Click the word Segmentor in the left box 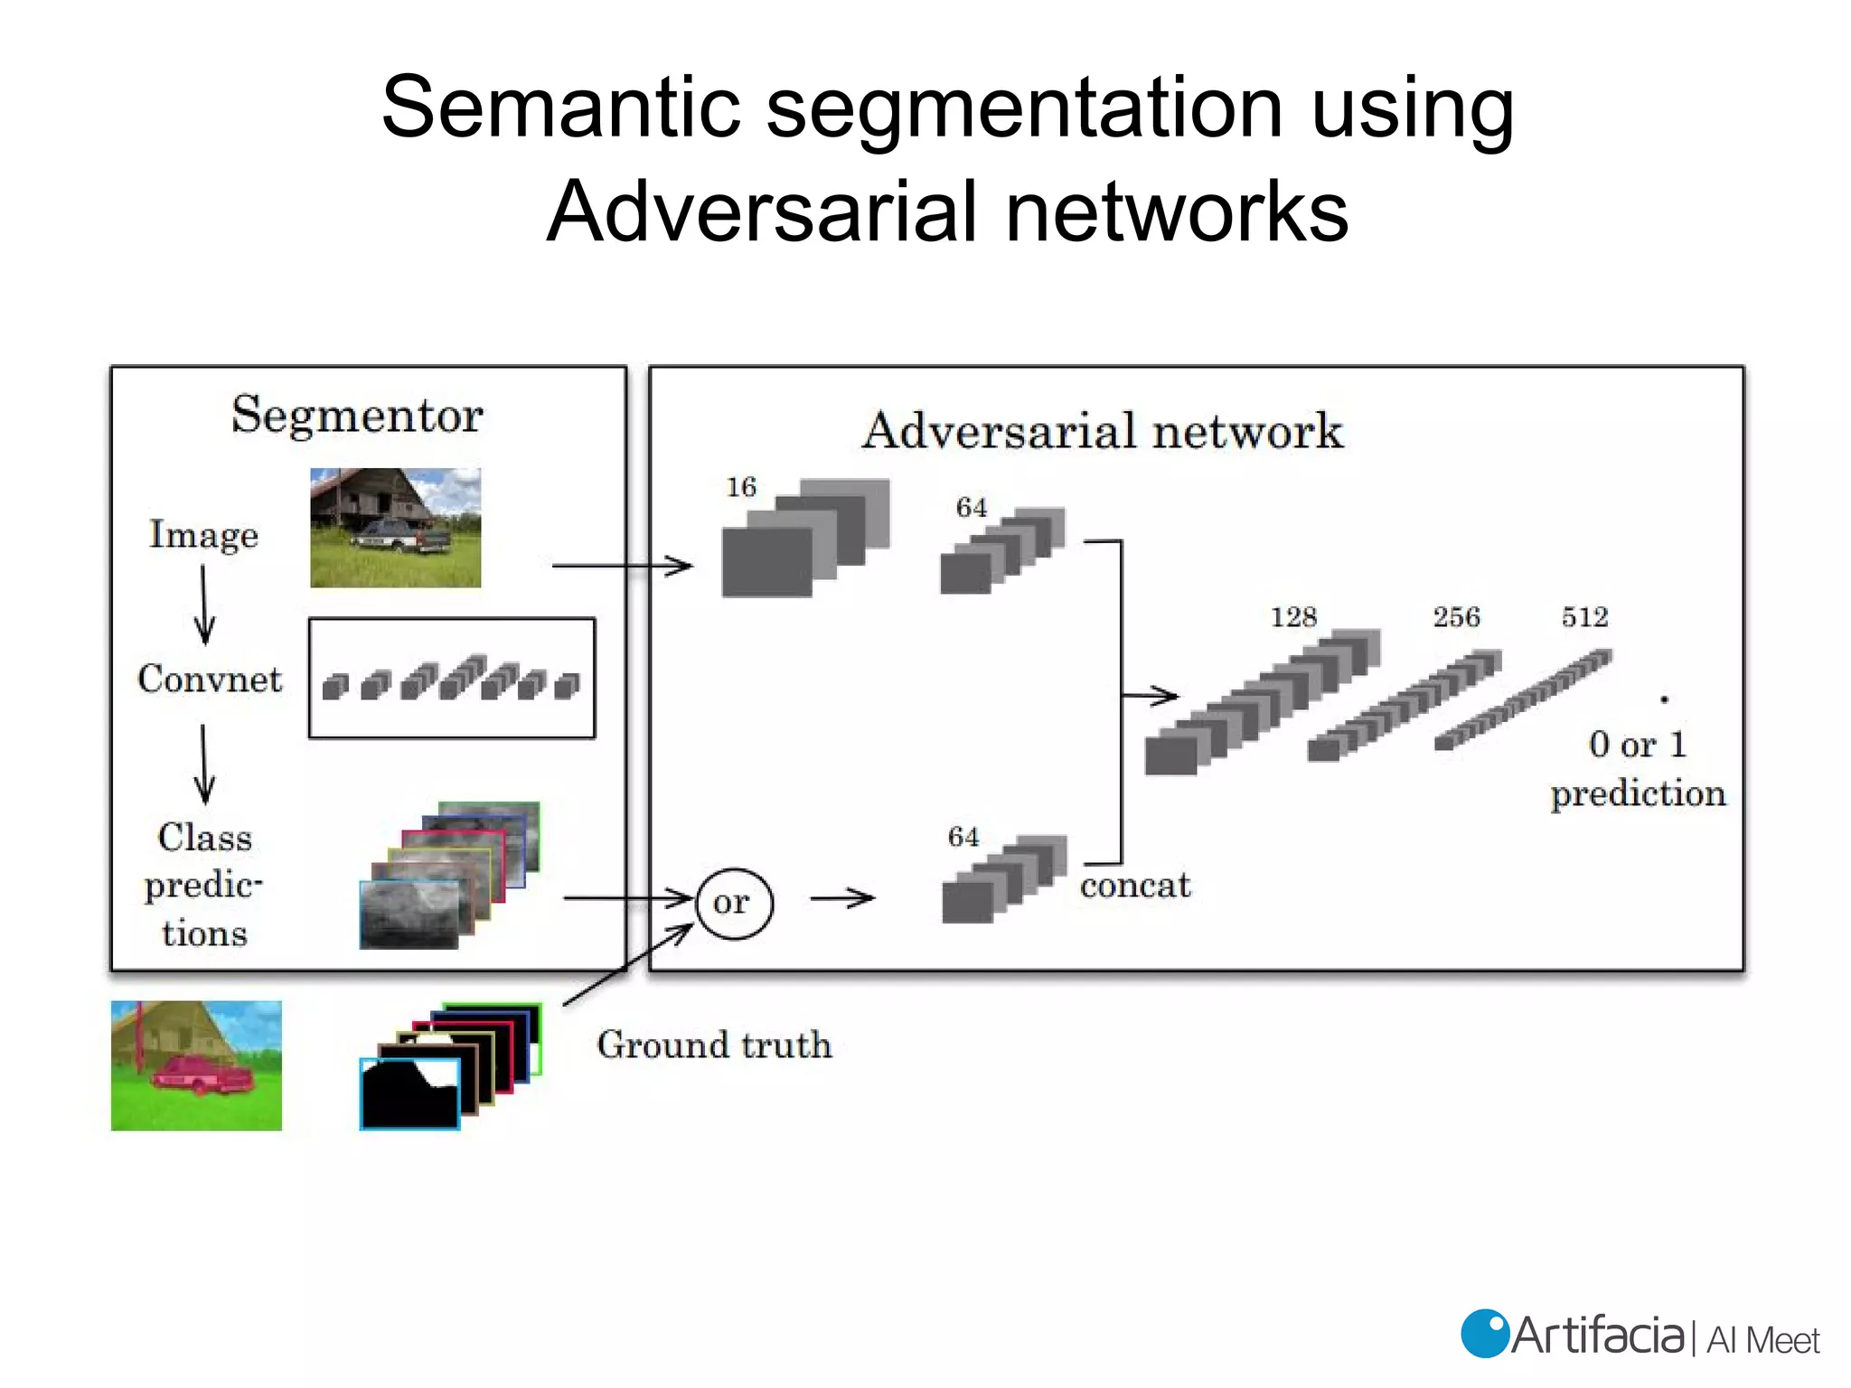[x=357, y=416]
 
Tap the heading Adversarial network [x=1102, y=431]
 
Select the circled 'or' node [x=733, y=903]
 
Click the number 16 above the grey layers [x=741, y=487]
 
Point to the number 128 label [x=1293, y=617]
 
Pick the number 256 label [x=1456, y=617]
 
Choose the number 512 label [x=1584, y=617]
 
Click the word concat [x=1135, y=886]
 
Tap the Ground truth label [x=714, y=1045]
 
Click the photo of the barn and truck [x=395, y=528]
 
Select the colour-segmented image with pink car [x=196, y=1065]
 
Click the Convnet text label [x=210, y=680]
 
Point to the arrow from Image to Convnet [x=204, y=604]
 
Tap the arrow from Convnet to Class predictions [x=204, y=764]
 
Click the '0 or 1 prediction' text [x=1637, y=769]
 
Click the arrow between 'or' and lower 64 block [x=842, y=898]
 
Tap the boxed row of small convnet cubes [x=451, y=679]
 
